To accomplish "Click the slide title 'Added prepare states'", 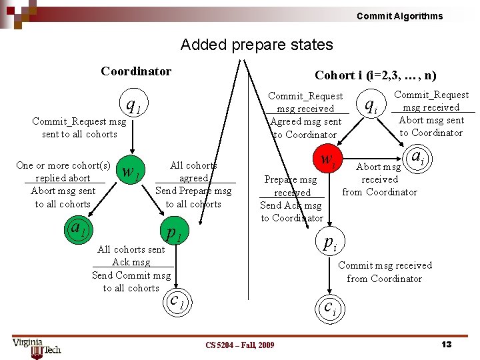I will coord(257,45).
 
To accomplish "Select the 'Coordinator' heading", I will coord(136,71).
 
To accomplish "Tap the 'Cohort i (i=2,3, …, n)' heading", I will coord(375,75).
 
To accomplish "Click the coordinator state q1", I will coord(133,105).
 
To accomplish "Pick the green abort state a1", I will coord(79,229).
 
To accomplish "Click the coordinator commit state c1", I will coord(177,300).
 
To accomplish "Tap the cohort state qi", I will coord(371,105).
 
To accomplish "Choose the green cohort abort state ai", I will coord(418,157).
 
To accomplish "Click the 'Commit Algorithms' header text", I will coord(399,16).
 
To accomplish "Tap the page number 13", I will coord(447,344).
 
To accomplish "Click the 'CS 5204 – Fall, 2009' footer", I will coord(239,345).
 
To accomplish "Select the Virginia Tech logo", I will coord(36,346).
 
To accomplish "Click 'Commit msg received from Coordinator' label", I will coord(385,272).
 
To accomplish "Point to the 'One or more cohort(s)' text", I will coord(63,165).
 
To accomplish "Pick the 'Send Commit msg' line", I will coord(131,275).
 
